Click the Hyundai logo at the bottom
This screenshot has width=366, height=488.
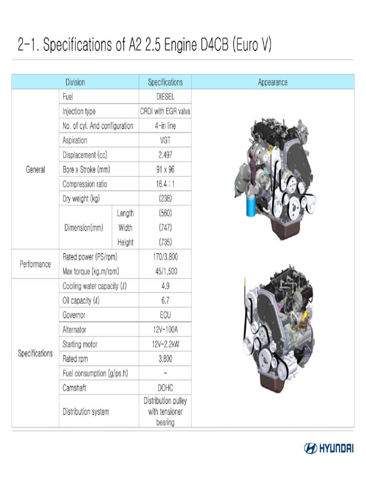tap(328, 448)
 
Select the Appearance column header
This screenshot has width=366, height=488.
tap(273, 82)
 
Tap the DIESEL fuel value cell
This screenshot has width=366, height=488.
tap(165, 96)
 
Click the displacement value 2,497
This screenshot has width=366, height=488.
tap(165, 155)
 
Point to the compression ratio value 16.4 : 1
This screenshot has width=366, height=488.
tap(165, 184)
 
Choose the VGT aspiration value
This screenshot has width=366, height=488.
tap(165, 141)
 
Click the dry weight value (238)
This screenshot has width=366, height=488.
tap(165, 199)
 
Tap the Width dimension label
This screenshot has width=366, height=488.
tap(125, 228)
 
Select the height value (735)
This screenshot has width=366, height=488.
tap(165, 242)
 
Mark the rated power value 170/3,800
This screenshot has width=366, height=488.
tap(165, 257)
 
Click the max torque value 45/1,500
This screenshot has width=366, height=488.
tap(165, 272)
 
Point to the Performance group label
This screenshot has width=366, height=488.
tap(35, 264)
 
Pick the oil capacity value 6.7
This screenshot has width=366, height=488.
tap(165, 301)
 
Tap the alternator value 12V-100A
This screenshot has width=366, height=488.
tap(165, 330)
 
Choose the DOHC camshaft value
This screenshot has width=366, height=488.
tap(165, 388)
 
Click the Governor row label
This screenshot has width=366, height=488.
tap(74, 315)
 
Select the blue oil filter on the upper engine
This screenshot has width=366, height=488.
tap(251, 208)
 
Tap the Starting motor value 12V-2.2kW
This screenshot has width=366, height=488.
tap(165, 344)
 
